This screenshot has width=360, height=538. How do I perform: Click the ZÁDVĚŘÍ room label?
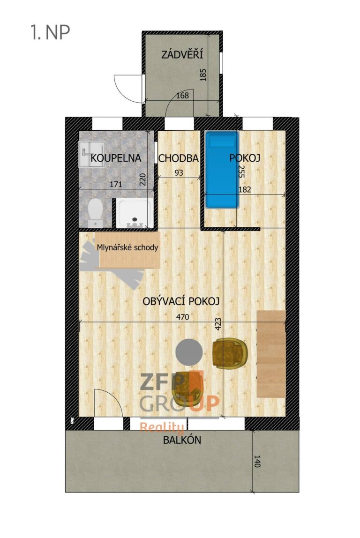pos(182,54)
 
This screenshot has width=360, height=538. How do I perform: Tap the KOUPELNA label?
pos(116,158)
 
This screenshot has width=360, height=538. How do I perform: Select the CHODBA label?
pos(179,158)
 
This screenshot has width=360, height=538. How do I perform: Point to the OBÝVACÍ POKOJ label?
pos(181,301)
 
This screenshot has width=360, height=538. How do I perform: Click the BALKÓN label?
pos(182,440)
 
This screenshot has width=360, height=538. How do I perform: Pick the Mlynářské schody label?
pos(127,247)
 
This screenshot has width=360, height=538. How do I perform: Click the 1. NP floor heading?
pos(51,32)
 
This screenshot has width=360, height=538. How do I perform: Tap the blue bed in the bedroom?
pos(222,170)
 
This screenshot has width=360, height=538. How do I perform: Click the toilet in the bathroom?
pos(95,212)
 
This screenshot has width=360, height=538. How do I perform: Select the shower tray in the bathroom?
pos(134,213)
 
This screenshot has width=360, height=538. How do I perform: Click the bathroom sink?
pos(91,154)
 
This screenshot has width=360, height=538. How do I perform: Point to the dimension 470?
pos(182,317)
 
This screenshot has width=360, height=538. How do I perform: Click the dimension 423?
pos(218,324)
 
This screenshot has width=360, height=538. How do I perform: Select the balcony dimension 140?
pos(257,461)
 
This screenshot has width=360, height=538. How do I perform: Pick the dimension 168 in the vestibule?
pos(182,96)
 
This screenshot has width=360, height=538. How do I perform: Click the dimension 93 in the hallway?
pos(179,172)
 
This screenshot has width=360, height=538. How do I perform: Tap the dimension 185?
pos(203,75)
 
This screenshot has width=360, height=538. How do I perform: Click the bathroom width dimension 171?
pos(116,184)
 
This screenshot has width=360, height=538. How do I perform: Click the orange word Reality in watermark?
pos(162,428)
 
